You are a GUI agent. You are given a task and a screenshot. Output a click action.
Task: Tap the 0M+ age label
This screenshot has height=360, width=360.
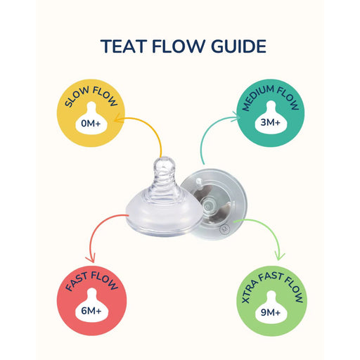coord(91,123)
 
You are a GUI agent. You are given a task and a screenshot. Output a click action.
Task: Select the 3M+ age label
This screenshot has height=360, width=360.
coord(270,122)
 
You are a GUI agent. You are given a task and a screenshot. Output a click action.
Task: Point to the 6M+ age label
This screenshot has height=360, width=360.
coord(91,311)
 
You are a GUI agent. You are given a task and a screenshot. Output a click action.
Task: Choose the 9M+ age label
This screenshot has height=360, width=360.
coord(271,312)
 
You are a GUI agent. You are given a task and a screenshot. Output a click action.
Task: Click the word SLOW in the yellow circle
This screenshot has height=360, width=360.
coord(77,96)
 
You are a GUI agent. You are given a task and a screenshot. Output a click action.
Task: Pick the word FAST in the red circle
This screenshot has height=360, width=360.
coord(77,281)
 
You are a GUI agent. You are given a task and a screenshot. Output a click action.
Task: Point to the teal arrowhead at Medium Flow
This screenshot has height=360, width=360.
coord(236,116)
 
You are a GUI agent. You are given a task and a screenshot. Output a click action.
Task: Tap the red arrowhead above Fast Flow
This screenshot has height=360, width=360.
coord(91,259)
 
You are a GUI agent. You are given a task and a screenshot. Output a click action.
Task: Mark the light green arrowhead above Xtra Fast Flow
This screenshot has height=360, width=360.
coord(279,257)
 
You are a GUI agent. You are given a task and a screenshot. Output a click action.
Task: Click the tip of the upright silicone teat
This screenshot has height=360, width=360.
coord(165,157)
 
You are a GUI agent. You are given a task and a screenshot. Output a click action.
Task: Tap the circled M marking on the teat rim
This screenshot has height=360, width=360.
coord(224,229)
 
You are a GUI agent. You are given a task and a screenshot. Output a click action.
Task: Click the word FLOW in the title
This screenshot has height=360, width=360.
coord(179,46)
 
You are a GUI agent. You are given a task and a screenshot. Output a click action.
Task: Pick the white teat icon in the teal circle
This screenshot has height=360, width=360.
coord(271,117)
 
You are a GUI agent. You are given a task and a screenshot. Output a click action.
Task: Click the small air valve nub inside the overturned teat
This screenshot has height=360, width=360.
coord(199,181)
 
